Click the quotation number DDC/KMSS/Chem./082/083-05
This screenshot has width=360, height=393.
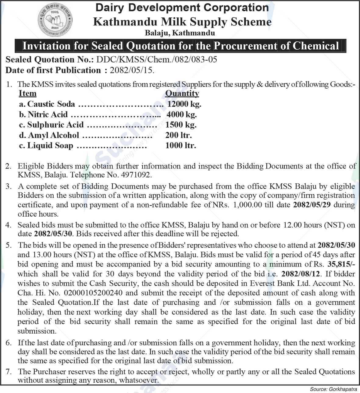(157, 59)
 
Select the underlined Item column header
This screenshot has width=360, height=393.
(27, 93)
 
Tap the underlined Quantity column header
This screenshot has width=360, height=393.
(182, 93)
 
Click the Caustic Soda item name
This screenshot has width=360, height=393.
(51, 104)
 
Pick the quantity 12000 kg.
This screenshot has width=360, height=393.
(184, 104)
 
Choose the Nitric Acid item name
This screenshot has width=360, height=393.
(48, 115)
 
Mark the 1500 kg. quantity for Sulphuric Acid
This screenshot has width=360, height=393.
(181, 125)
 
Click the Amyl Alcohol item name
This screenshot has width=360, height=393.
(53, 135)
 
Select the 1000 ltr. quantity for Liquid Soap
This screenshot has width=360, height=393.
(180, 146)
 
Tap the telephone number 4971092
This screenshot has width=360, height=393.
(137, 175)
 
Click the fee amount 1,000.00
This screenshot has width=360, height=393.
(247, 205)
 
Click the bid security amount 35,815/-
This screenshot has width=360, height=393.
(343, 264)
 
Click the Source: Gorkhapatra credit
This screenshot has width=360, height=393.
(333, 389)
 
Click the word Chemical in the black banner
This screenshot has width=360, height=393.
(316, 46)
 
